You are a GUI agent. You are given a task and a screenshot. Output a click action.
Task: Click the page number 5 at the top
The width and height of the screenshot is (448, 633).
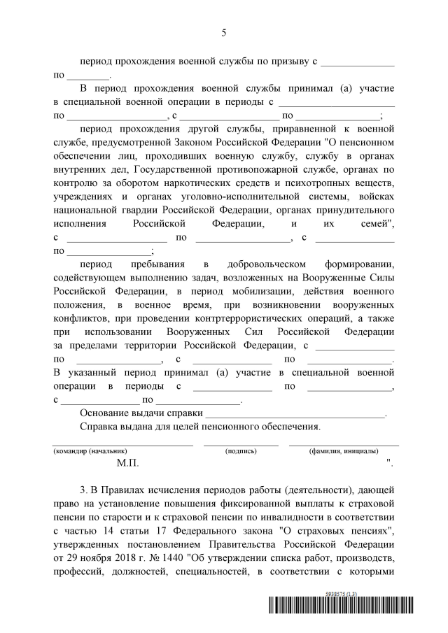[224, 33]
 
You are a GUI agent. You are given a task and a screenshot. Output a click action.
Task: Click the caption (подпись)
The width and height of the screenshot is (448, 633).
[240, 452]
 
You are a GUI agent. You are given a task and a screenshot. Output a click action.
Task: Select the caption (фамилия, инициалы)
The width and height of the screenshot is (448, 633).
[344, 452]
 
